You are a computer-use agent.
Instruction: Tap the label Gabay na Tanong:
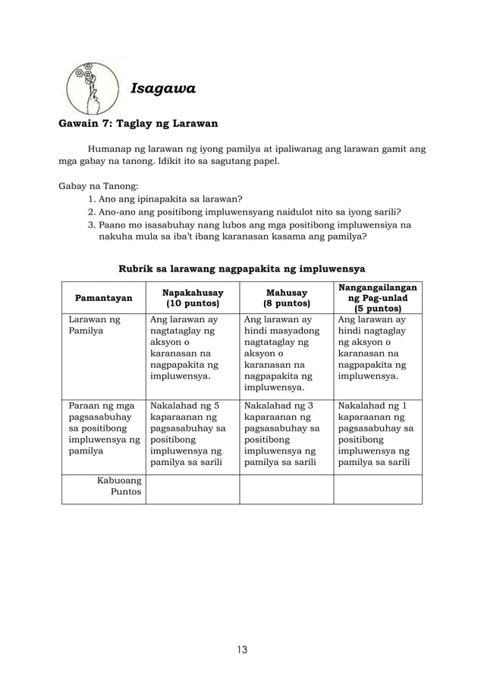pyautogui.click(x=96, y=184)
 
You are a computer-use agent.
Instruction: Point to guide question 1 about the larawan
pyautogui.click(x=165, y=199)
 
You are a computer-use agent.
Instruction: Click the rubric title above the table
pyautogui.click(x=242, y=268)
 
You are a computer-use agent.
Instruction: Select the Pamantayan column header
pyautogui.click(x=103, y=298)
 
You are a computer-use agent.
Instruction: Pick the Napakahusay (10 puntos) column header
pyautogui.click(x=193, y=297)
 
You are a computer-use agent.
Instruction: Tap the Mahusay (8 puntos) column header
pyautogui.click(x=286, y=297)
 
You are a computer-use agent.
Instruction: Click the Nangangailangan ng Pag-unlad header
pyautogui.click(x=378, y=298)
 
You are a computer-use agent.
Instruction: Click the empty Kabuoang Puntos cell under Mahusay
pyautogui.click(x=286, y=489)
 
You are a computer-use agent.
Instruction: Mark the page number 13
pyautogui.click(x=242, y=649)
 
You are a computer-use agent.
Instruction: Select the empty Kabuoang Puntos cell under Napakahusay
pyautogui.click(x=193, y=489)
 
